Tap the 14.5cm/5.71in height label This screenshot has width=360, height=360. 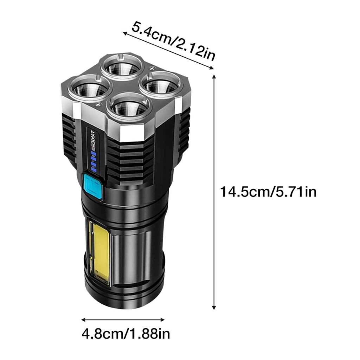[x=268, y=192]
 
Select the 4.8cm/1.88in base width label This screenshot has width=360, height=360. [x=126, y=333]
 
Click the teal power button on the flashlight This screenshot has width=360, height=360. [x=92, y=187]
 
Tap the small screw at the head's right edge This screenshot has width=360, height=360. [x=153, y=65]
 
